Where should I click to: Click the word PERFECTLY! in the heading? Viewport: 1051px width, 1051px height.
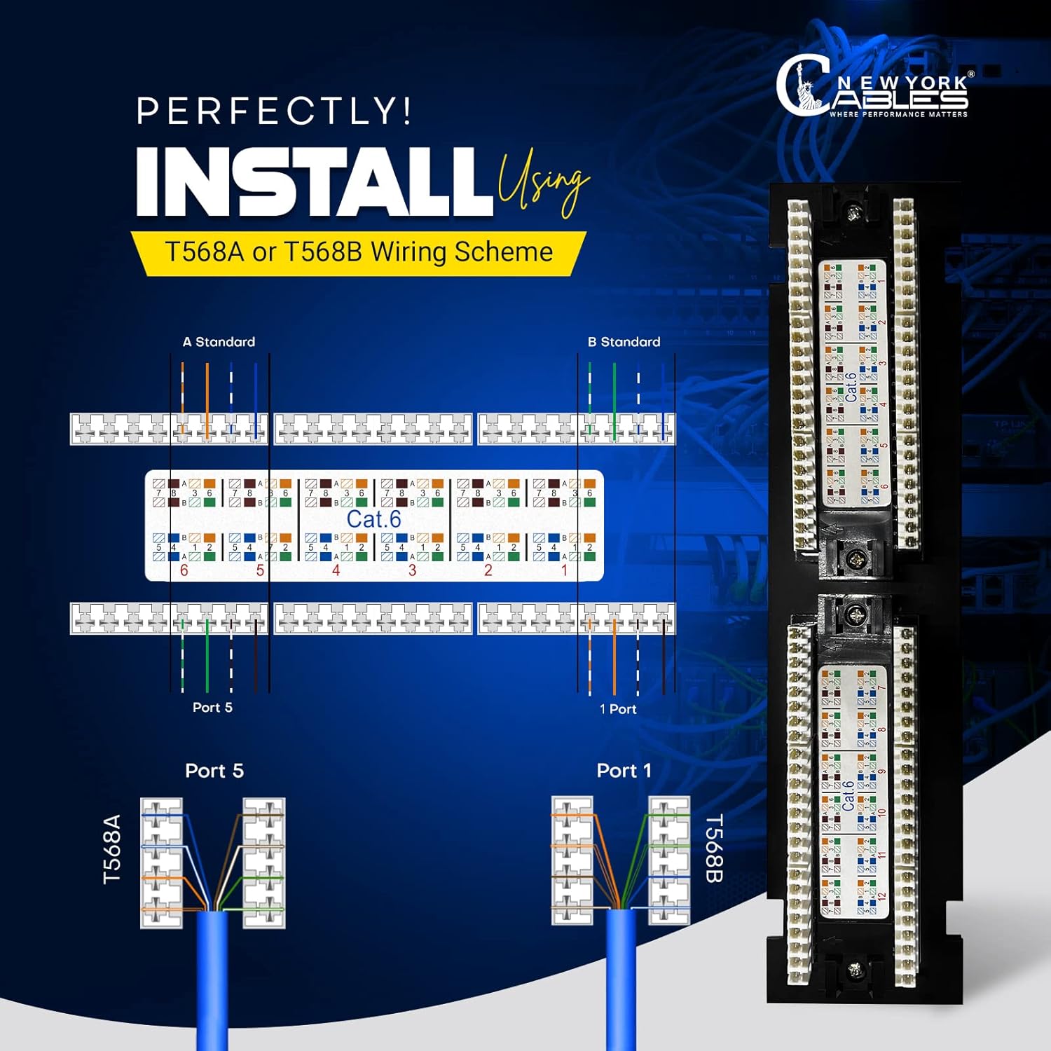click(x=273, y=111)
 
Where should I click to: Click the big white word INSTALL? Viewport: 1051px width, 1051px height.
click(x=314, y=182)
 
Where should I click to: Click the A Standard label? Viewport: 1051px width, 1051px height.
click(x=219, y=342)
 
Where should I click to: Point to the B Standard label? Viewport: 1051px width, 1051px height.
click(x=624, y=342)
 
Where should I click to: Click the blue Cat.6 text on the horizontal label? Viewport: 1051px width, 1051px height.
click(x=373, y=519)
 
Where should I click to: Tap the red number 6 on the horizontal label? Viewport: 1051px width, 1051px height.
click(x=184, y=570)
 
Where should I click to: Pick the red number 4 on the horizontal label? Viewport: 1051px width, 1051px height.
click(x=336, y=570)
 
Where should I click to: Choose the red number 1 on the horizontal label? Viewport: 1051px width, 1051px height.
click(x=564, y=570)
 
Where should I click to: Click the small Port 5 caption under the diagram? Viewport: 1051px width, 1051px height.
click(x=212, y=708)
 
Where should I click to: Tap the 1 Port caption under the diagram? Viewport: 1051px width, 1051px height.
click(x=618, y=709)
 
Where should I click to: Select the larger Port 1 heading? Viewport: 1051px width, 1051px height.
click(x=624, y=771)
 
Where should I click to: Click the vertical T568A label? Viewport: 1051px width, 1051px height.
click(x=112, y=849)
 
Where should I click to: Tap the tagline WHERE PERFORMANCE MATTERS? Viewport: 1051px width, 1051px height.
click(x=898, y=114)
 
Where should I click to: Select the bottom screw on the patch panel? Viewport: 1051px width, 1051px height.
click(x=854, y=970)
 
